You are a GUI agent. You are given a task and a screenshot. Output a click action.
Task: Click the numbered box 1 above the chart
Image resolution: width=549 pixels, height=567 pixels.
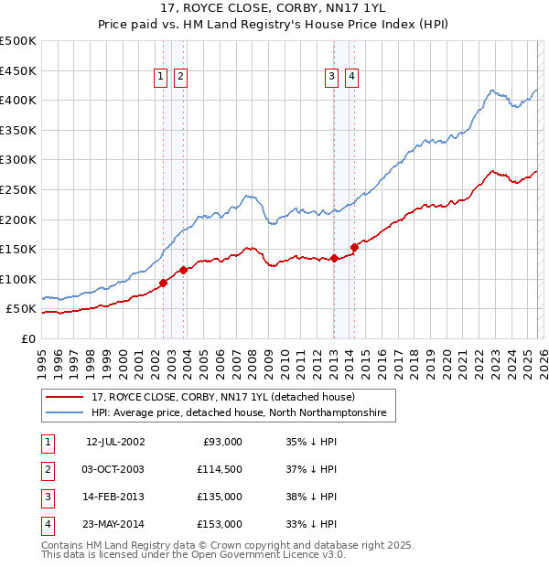click(x=161, y=78)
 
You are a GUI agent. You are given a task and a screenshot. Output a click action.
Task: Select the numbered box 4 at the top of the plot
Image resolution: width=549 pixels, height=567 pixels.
click(x=351, y=78)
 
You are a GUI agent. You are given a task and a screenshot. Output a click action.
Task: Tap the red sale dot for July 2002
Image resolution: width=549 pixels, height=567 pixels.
click(x=164, y=283)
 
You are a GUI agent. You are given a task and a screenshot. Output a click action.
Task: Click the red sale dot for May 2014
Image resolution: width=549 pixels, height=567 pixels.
click(x=355, y=247)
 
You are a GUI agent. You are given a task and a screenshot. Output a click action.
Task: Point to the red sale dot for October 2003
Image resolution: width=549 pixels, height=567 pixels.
click(x=183, y=270)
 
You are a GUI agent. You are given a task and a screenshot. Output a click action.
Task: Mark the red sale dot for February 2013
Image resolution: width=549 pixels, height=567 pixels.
click(x=334, y=258)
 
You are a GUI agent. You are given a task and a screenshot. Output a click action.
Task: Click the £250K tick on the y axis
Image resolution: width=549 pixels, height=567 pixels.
click(x=18, y=189)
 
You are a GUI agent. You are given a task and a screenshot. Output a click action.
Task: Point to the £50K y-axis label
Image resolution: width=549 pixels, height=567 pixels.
click(x=22, y=309)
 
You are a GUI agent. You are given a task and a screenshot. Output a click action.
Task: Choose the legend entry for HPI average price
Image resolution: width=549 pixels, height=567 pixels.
click(x=239, y=413)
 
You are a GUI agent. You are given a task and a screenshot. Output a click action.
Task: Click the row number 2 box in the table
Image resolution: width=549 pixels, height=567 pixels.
click(x=47, y=470)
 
